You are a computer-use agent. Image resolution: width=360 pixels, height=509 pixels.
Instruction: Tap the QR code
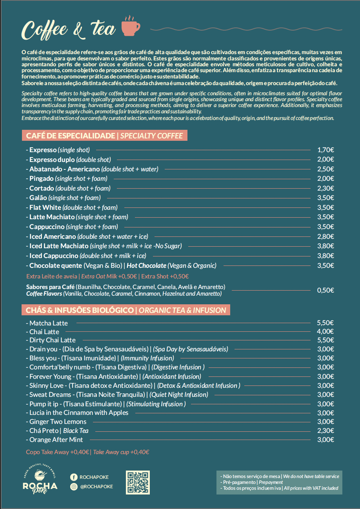tap(138, 482)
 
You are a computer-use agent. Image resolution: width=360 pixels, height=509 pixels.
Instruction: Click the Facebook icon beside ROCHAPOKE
tap(73, 477)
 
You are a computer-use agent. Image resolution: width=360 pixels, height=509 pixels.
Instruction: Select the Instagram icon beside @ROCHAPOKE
tap(73, 487)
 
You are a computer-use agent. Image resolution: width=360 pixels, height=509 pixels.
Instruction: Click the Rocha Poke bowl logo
tap(40, 477)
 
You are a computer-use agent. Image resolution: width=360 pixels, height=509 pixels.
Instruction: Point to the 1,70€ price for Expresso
tap(325, 150)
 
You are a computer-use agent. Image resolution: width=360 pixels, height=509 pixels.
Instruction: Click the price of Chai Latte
tap(325, 332)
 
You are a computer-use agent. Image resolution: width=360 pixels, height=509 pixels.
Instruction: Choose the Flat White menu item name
tap(45, 207)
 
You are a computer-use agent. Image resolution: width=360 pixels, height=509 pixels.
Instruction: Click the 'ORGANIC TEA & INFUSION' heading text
tap(182, 311)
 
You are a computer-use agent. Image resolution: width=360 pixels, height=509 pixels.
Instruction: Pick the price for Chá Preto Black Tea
tap(325, 431)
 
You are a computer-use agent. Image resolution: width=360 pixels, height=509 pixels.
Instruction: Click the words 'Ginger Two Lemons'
tap(58, 422)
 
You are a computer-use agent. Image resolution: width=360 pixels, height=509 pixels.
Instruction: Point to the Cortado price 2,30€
tap(325, 188)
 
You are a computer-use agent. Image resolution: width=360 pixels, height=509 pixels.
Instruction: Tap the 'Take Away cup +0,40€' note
tap(121, 452)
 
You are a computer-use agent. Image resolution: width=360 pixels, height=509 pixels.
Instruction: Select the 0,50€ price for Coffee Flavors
tap(325, 291)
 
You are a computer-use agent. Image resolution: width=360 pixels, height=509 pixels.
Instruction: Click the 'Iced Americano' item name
tap(53, 236)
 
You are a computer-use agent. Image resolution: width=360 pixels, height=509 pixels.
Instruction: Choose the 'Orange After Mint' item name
tap(56, 440)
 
